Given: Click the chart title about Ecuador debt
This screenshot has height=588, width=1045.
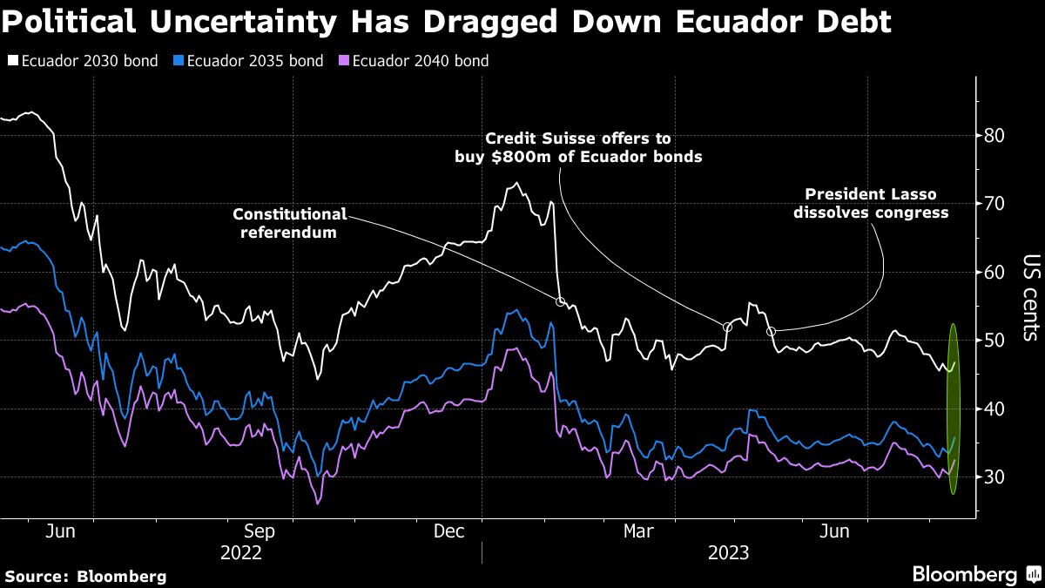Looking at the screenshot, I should (x=446, y=22).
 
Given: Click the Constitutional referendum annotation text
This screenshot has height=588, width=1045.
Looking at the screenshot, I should (x=289, y=223).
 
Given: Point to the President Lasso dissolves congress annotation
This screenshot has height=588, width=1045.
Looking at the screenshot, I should (x=871, y=203).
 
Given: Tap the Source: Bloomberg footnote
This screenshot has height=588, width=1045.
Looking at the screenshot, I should (x=85, y=576).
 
